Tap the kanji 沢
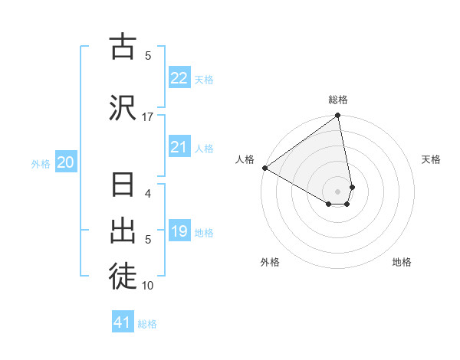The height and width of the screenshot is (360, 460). click(x=123, y=106)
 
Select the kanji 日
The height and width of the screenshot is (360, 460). click(x=123, y=185)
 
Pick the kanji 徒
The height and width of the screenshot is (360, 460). click(x=123, y=277)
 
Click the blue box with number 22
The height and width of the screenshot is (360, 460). click(x=179, y=77)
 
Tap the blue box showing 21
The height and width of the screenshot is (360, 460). click(x=179, y=147)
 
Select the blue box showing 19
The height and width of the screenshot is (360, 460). click(x=179, y=231)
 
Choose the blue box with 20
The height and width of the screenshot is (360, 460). click(x=65, y=162)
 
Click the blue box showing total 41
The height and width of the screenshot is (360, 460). click(x=123, y=322)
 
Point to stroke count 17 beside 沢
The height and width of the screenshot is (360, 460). click(x=148, y=116)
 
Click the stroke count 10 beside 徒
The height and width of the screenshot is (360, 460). click(x=148, y=286)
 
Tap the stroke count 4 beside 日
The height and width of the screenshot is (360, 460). click(x=148, y=193)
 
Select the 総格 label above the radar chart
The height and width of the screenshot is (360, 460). click(x=338, y=100)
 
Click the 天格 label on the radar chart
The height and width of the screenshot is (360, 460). click(x=432, y=159)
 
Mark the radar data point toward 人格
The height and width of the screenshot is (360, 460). click(x=264, y=168)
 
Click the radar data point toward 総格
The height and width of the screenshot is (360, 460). click(x=338, y=116)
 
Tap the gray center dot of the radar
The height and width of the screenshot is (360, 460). click(x=338, y=191)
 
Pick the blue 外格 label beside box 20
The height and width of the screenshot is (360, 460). click(x=40, y=163)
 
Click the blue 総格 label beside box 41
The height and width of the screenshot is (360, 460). click(x=147, y=324)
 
